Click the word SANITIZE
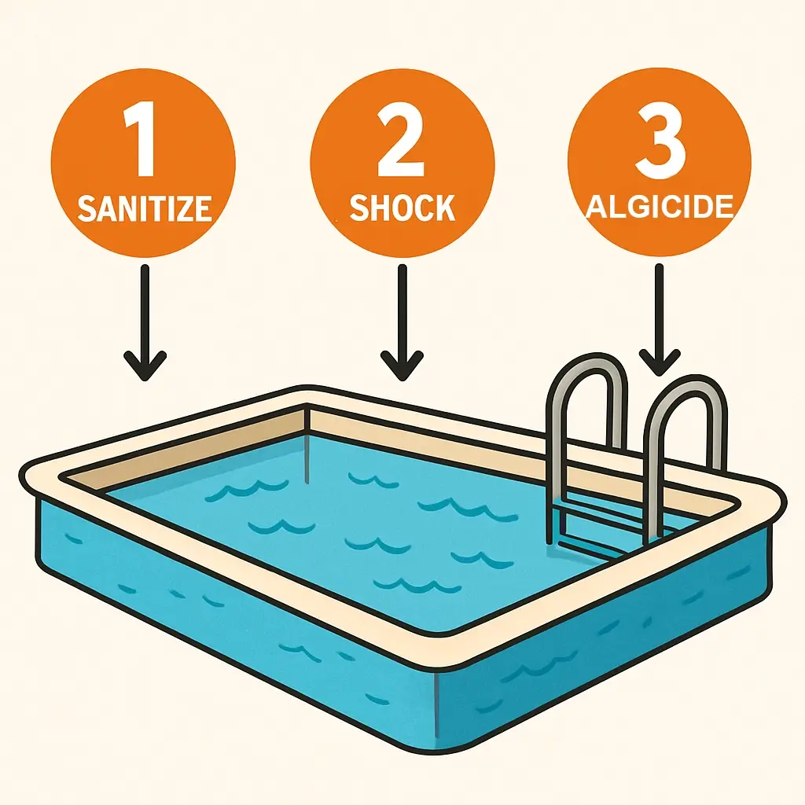pyautogui.click(x=145, y=208)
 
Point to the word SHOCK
pyautogui.click(x=402, y=208)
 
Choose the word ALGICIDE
pyautogui.click(x=660, y=207)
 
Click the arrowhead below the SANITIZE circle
pyautogui.click(x=145, y=365)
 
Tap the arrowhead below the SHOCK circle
pyautogui.click(x=402, y=365)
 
